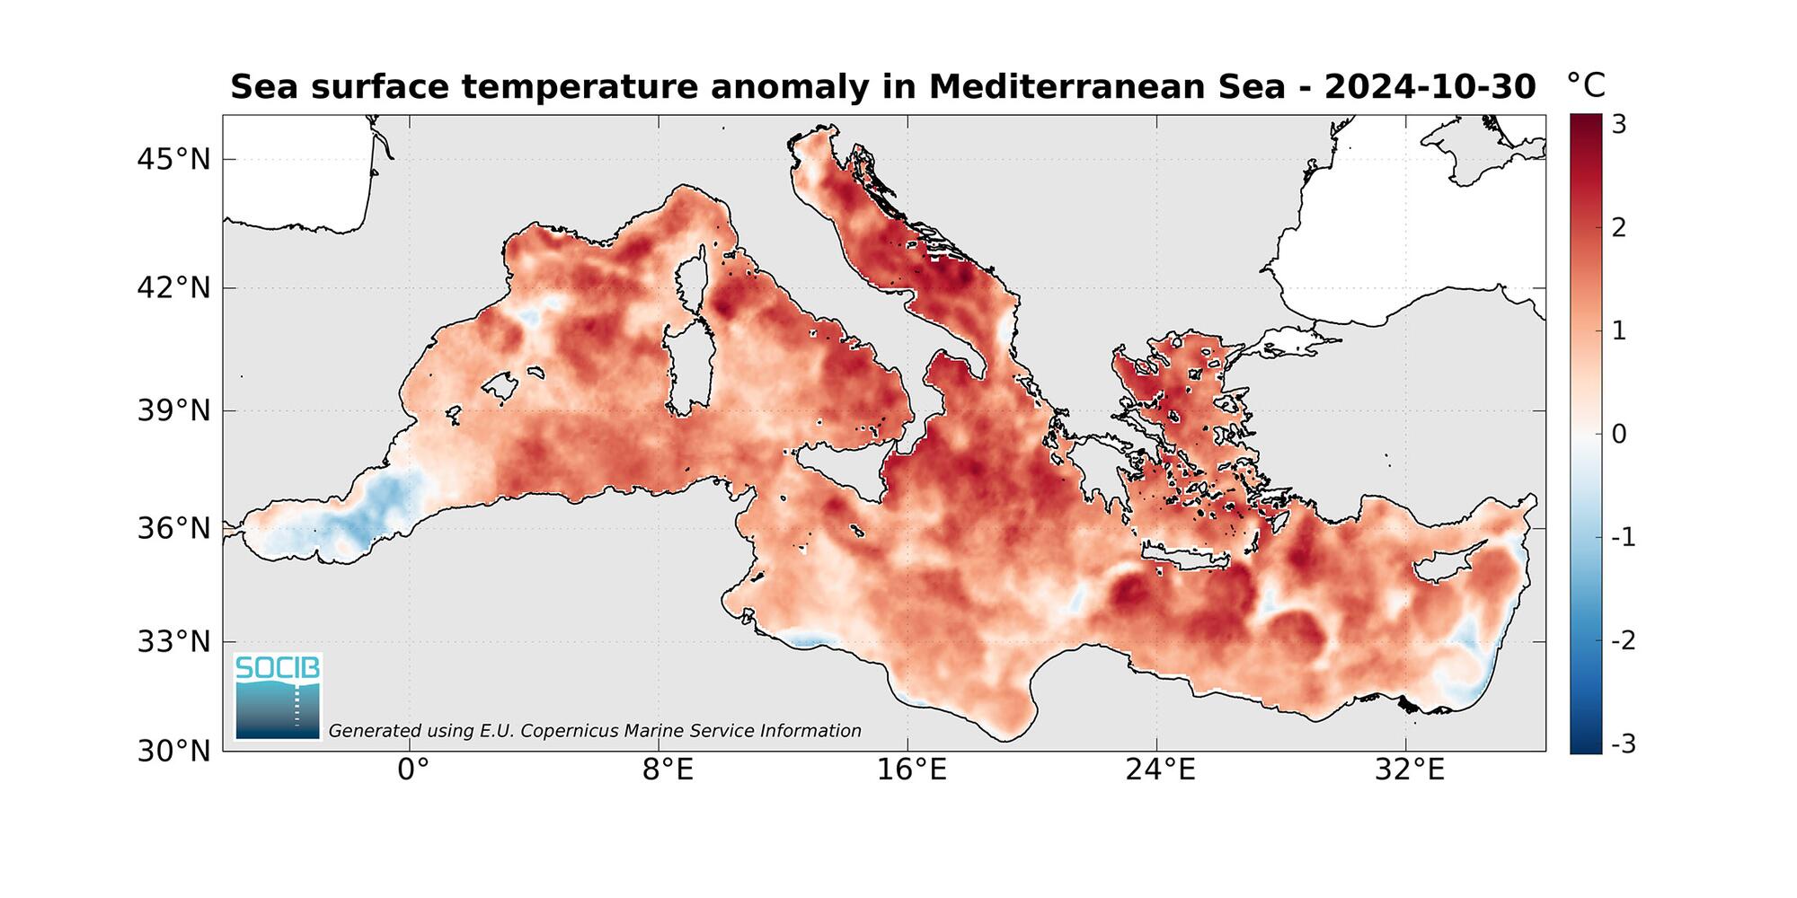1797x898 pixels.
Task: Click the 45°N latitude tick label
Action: click(x=173, y=160)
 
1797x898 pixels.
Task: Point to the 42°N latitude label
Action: click(x=173, y=288)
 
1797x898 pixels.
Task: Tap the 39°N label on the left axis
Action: click(x=173, y=411)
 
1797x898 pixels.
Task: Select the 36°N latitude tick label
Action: click(x=173, y=529)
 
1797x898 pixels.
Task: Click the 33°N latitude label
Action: click(x=173, y=642)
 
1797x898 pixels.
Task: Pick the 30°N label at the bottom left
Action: click(x=173, y=751)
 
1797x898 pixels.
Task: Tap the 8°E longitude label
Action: click(x=668, y=770)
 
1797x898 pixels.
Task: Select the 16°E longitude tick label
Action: click(x=913, y=770)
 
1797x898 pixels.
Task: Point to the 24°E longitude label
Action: click(x=1161, y=770)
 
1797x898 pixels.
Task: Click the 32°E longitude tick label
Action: click(x=1410, y=770)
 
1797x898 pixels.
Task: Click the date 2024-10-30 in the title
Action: click(x=1430, y=87)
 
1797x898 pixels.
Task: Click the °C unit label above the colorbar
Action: click(x=1586, y=86)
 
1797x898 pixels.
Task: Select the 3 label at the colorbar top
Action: click(x=1619, y=125)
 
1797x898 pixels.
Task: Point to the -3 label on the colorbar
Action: click(x=1623, y=744)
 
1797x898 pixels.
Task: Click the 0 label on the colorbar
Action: click(x=1619, y=435)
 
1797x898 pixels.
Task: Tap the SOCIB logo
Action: click(x=278, y=697)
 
